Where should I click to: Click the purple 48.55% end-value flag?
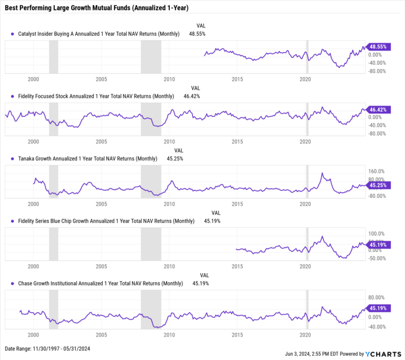(x=378, y=46)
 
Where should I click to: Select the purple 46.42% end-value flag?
(x=378, y=110)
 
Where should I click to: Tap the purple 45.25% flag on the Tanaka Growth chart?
(x=378, y=185)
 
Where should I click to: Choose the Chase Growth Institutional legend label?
(x=100, y=283)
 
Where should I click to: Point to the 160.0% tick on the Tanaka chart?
(x=377, y=171)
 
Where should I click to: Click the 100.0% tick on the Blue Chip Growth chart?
(x=377, y=233)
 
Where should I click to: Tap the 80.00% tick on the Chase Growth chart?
(x=377, y=297)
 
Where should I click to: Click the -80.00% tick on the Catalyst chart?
(x=377, y=71)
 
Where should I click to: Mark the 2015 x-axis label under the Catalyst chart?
(x=237, y=79)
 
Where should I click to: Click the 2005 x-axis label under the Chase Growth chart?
(x=101, y=335)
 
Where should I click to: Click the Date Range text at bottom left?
(x=47, y=349)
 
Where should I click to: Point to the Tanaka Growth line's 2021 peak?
(x=322, y=173)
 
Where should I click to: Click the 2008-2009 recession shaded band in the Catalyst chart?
(x=151, y=57)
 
